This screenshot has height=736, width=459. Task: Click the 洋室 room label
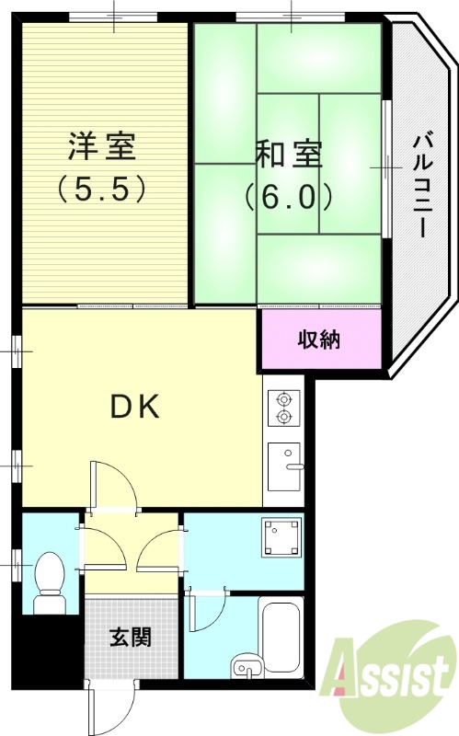(x=100, y=146)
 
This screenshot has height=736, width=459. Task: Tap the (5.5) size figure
(x=101, y=189)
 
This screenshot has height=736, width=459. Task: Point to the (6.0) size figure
(x=288, y=196)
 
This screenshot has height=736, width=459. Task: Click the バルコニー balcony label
(x=420, y=185)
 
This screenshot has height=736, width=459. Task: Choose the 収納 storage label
(x=319, y=339)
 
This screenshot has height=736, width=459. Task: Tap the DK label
(x=136, y=406)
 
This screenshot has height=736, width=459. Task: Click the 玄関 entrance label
(x=132, y=637)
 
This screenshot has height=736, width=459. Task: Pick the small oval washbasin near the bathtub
(x=245, y=668)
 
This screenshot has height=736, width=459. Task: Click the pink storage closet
(x=319, y=339)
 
